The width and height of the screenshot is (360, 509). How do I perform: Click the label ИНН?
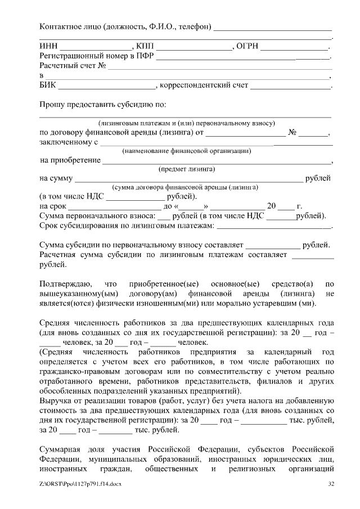[x=48, y=46]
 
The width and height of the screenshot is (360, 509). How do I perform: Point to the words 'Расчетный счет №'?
[x=73, y=66]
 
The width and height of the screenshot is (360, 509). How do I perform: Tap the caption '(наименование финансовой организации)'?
[x=186, y=150]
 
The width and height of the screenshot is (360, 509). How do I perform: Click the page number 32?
[x=331, y=484]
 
